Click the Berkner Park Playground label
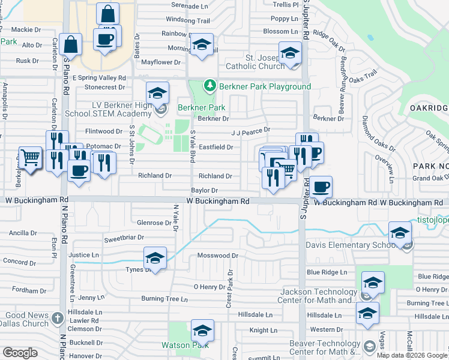pyautogui.click(x=265, y=86)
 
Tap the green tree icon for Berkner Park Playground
pyautogui.click(x=209, y=86)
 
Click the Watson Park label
pyautogui.click(x=184, y=345)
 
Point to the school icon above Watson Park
pyautogui.click(x=202, y=331)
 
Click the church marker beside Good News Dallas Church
pyautogui.click(x=57, y=317)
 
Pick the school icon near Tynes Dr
pyautogui.click(x=155, y=259)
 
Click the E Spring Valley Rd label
pyautogui.click(x=99, y=78)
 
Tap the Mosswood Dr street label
pyautogui.click(x=218, y=255)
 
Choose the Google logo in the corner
pyautogui.click(x=20, y=353)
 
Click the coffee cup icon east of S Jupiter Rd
pyautogui.click(x=321, y=187)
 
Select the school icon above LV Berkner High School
pyautogui.click(x=157, y=93)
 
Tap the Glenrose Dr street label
pyautogui.click(x=154, y=223)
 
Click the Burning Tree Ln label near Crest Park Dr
pyautogui.click(x=164, y=298)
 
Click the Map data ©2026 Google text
pyautogui.click(x=412, y=355)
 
